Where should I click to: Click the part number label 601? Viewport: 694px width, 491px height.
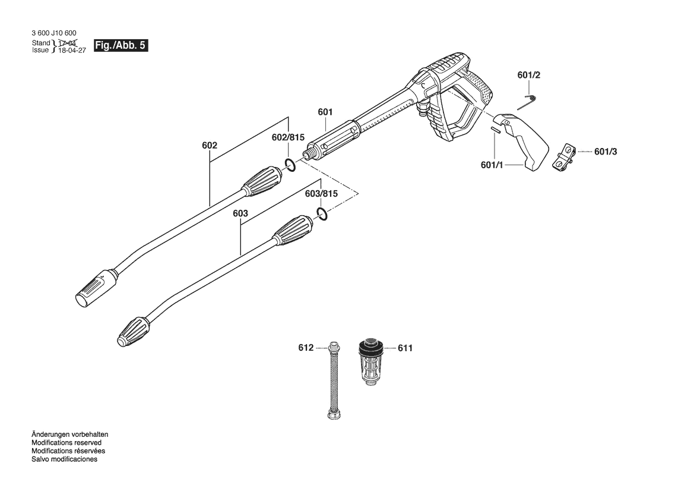pos(325,111)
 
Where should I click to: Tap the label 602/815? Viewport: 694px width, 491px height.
pos(288,137)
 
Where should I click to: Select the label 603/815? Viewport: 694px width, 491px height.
pos(321,194)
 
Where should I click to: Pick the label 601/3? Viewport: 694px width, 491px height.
pos(606,152)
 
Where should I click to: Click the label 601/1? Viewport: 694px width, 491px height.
pos(492,165)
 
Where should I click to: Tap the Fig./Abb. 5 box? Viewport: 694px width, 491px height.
pos(121,46)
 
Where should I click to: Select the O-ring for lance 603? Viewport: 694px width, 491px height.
pos(321,215)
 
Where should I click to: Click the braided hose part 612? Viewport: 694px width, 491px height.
pos(335,380)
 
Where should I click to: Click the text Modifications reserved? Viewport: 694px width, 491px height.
pos(66,443)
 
